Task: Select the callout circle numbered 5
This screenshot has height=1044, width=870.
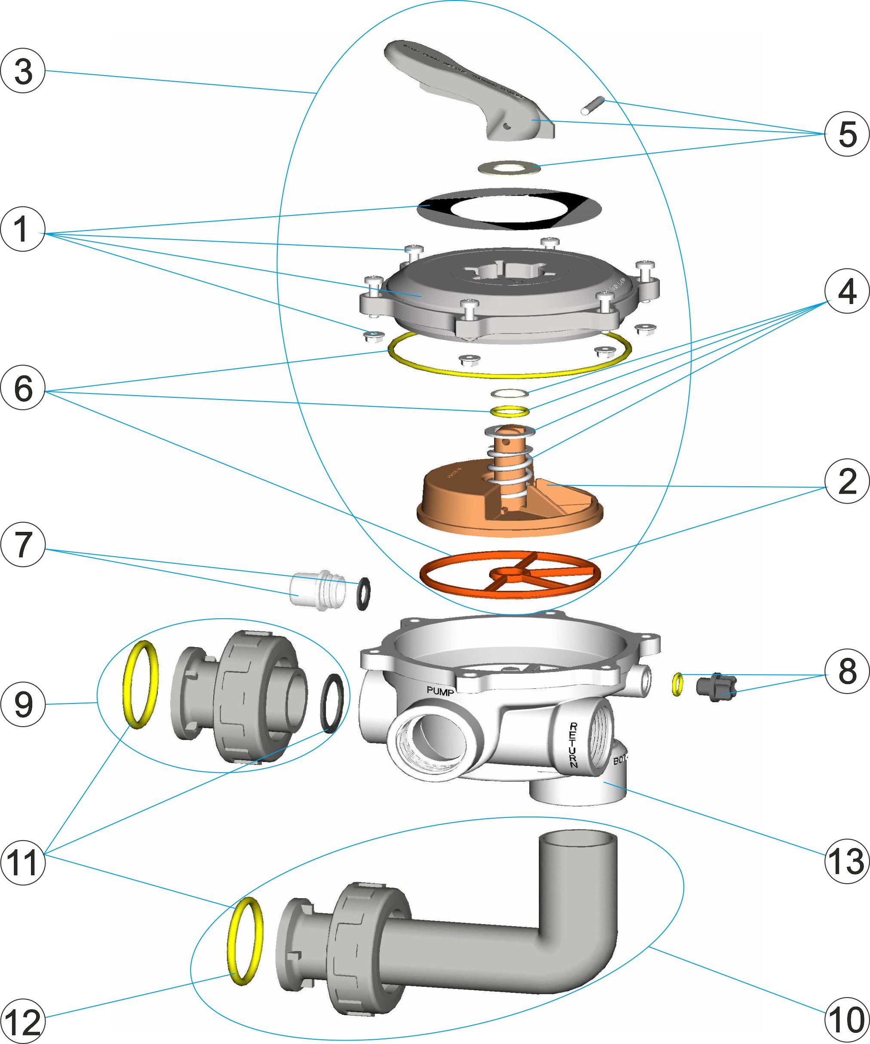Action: click(847, 134)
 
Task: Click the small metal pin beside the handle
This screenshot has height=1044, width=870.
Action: click(592, 105)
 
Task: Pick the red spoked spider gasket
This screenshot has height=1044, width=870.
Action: click(510, 574)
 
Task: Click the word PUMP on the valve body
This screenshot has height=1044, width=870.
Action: click(440, 691)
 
